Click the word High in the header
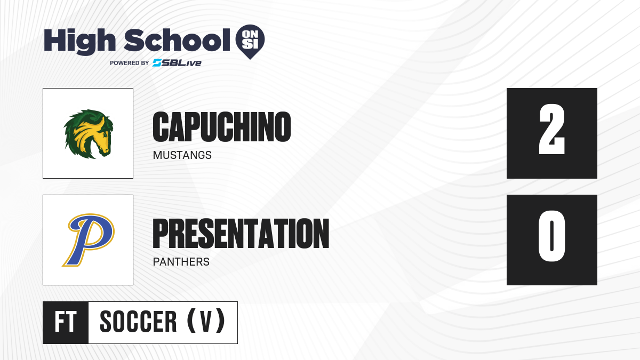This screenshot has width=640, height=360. point(79,42)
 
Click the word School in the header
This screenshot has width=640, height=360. point(177,40)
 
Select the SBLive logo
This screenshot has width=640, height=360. point(177,63)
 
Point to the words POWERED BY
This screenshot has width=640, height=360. point(130,63)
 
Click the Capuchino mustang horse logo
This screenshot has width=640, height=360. point(89,134)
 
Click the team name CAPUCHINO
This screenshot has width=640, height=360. point(222,127)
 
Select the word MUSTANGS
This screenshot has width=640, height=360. point(182,155)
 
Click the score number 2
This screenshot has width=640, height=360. point(551,130)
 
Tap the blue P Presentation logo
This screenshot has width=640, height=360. point(89,240)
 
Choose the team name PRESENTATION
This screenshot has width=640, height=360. point(241,234)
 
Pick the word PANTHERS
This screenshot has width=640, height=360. point(181,262)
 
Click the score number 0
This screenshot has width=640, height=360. point(551,236)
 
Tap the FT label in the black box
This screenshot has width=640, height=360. point(66,322)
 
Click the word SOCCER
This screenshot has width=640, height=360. point(138,322)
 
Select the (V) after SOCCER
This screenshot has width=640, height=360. point(206,322)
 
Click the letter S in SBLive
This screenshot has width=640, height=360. point(157,63)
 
